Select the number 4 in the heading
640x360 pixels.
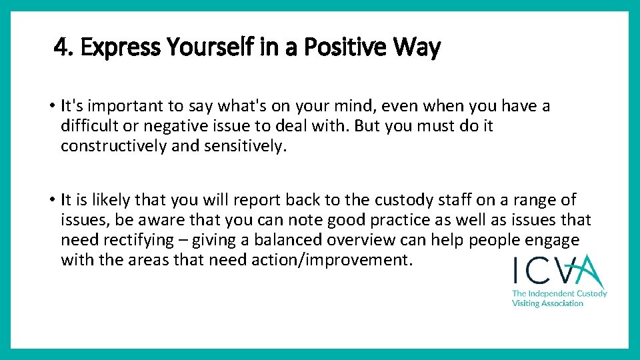[x=61, y=47]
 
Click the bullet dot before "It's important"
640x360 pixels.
[x=52, y=106]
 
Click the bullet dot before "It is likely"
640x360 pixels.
[x=52, y=200]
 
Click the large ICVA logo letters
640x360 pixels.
[x=557, y=272]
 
